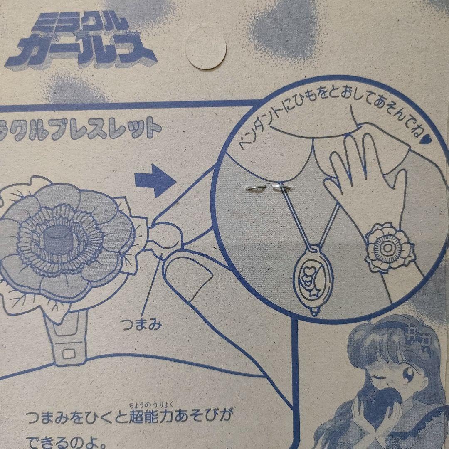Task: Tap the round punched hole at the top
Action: click(x=205, y=48)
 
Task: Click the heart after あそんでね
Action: click(x=429, y=146)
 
